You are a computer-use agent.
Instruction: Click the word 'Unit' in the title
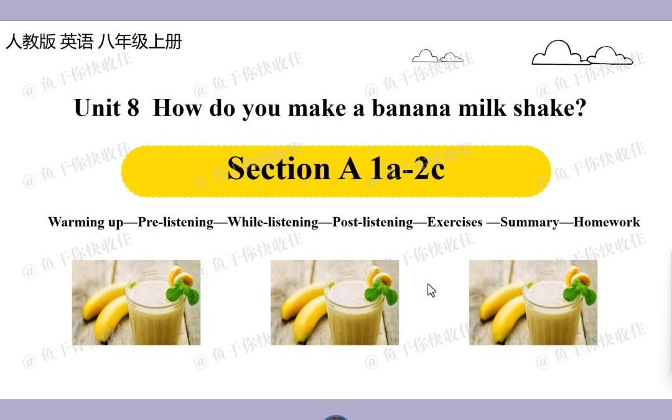point(97,108)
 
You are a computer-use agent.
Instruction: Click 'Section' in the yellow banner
point(280,168)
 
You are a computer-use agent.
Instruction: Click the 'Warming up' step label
point(85,222)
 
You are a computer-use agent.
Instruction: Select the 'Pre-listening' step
point(175,222)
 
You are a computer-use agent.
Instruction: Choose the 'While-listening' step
point(273,222)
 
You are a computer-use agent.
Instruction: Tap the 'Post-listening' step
point(372,222)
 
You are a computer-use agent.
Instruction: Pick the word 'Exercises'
point(454,222)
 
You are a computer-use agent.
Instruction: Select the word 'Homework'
point(606,222)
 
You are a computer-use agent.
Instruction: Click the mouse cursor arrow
point(431,290)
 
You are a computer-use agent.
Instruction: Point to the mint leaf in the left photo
point(183,291)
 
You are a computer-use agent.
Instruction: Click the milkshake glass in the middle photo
point(348,311)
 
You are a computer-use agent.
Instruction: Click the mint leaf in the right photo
point(580,291)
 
